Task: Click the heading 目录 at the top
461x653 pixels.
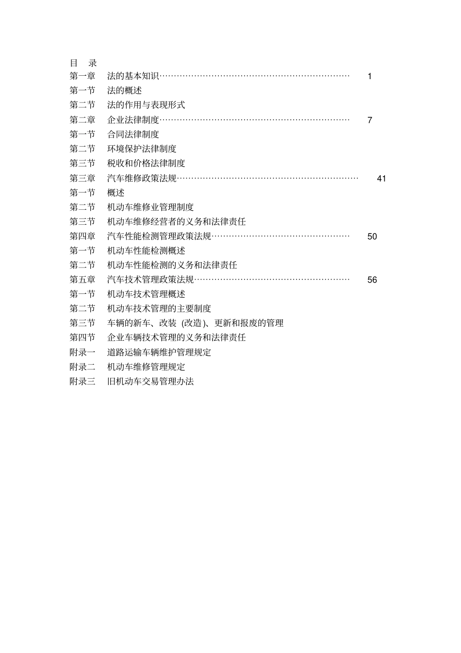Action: [x=83, y=63]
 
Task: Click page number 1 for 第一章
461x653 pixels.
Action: [x=370, y=76]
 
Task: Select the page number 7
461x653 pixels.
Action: [x=370, y=120]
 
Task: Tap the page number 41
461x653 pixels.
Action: [x=381, y=179]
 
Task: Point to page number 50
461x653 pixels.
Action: [x=372, y=236]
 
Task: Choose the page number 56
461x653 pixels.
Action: [x=372, y=280]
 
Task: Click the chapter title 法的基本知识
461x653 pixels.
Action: [x=133, y=76]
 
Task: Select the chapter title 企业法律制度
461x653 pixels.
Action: [x=133, y=120]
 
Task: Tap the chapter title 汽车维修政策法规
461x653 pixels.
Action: [x=142, y=178]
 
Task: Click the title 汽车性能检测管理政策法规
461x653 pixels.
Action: [x=159, y=236]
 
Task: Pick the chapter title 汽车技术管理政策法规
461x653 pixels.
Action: [x=150, y=280]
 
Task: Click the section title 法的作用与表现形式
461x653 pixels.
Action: [x=146, y=105]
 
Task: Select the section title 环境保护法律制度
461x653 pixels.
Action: [x=142, y=149]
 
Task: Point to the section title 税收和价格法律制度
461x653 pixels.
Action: [x=146, y=163]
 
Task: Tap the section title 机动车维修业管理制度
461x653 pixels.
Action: [x=150, y=207]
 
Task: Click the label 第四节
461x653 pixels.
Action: [x=82, y=337]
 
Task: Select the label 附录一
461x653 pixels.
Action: [x=82, y=352]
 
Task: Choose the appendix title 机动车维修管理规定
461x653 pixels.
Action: [x=146, y=367]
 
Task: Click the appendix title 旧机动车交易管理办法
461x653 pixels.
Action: [x=150, y=382]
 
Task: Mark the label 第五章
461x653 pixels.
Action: [x=82, y=280]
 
